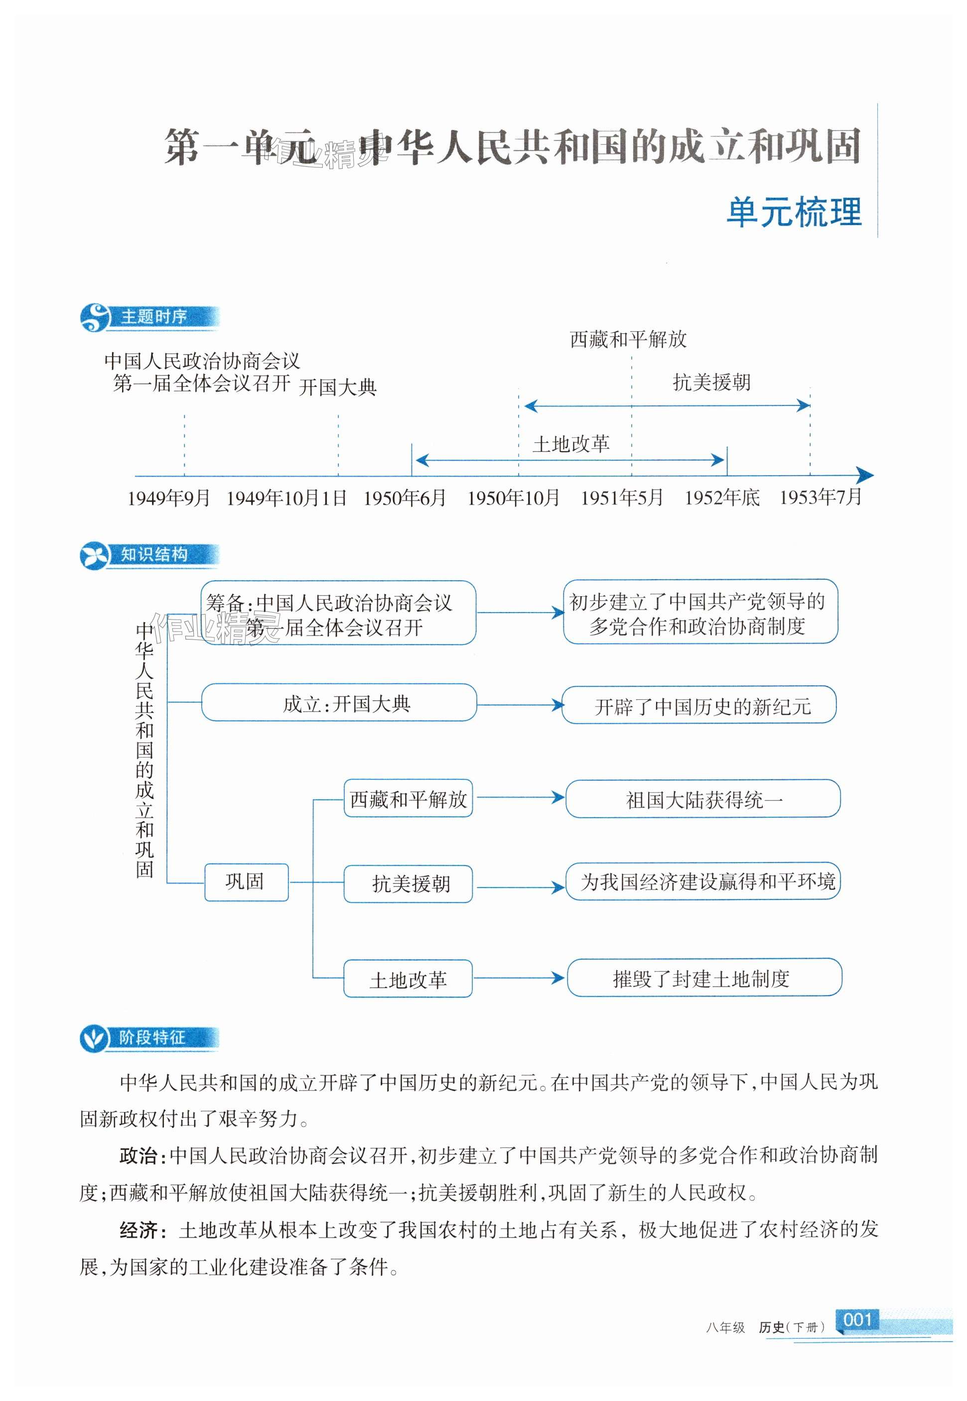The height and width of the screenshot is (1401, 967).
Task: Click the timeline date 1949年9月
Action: (168, 498)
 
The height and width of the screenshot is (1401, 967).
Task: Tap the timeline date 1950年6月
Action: (405, 498)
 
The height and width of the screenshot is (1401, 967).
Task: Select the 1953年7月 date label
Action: (821, 497)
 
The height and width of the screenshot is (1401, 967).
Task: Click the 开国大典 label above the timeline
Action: (337, 387)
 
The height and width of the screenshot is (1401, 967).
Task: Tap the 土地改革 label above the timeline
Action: (571, 445)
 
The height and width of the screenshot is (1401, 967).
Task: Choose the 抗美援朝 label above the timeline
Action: (711, 382)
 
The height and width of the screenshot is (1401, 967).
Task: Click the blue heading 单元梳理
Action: (794, 212)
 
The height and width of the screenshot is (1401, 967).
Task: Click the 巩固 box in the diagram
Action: (246, 882)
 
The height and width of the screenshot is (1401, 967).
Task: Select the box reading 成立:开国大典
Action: (339, 703)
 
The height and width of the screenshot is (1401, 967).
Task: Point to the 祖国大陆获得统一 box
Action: (703, 799)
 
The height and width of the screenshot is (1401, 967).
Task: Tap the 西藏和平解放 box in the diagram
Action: (408, 799)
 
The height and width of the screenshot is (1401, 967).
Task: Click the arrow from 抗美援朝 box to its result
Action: (520, 888)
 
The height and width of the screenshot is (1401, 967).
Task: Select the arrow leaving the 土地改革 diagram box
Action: (519, 977)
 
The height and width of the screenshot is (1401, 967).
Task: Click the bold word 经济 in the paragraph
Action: (139, 1230)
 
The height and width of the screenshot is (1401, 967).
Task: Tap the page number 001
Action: (857, 1319)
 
